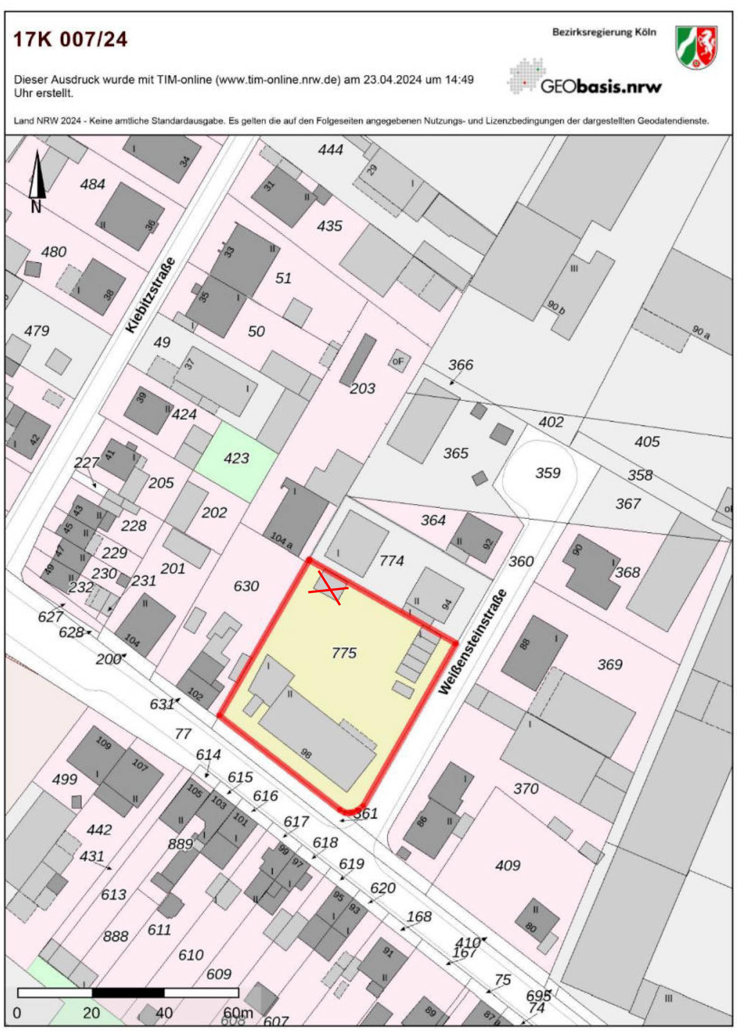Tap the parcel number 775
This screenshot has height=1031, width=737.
pyautogui.click(x=344, y=653)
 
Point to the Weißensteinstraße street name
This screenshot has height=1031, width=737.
pyautogui.click(x=472, y=642)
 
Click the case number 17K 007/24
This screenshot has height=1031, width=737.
pyautogui.click(x=70, y=40)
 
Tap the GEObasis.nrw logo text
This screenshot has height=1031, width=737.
pyautogui.click(x=600, y=86)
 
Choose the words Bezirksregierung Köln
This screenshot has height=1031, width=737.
pyautogui.click(x=604, y=32)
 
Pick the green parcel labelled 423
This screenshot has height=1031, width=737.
pyautogui.click(x=236, y=459)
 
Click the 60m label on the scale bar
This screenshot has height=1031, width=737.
pyautogui.click(x=238, y=1013)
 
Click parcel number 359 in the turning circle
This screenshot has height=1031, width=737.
pyautogui.click(x=548, y=473)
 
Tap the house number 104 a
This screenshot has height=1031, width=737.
pyautogui.click(x=281, y=540)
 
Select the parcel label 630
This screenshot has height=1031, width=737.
pyautogui.click(x=246, y=586)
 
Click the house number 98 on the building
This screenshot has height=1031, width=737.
pyautogui.click(x=306, y=754)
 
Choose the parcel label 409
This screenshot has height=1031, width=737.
pyautogui.click(x=508, y=866)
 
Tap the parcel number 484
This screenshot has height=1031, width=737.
pyautogui.click(x=93, y=185)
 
